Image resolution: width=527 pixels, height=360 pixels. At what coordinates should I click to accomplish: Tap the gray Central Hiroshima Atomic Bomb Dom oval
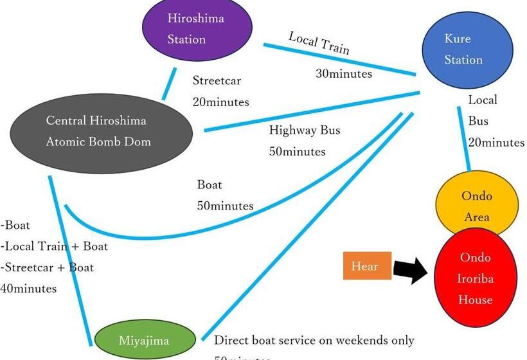pos(102,131)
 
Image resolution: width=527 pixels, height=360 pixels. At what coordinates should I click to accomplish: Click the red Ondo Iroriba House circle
pos(476,278)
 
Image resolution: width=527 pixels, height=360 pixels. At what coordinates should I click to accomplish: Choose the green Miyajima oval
pos(145,341)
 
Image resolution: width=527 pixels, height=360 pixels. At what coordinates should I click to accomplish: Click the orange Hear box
pos(367,265)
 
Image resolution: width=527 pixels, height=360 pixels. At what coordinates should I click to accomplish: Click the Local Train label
pos(319,44)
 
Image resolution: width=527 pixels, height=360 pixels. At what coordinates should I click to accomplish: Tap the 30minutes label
pos(344,73)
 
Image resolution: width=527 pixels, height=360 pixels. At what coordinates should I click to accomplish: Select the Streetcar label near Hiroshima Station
pos(217,81)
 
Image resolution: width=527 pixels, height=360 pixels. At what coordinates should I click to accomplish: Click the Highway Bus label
pos(305,130)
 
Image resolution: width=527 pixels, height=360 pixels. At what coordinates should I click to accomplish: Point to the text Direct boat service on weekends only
pos(314,340)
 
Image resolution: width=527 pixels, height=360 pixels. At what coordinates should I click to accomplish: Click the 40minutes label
pos(28,289)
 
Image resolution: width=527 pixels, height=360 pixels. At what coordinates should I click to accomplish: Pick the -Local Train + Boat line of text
pos(54,246)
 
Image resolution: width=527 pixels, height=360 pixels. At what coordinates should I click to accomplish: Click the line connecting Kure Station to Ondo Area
pos(464,138)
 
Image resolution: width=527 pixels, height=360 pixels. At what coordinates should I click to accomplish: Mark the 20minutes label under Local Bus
pos(496,142)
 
